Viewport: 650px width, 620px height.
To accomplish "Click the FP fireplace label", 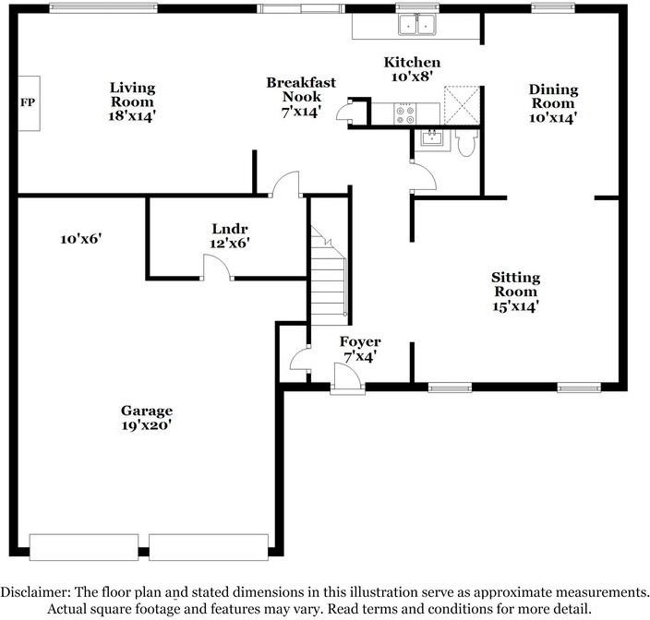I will [28, 101].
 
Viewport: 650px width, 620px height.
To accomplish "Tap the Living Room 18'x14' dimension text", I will [132, 117].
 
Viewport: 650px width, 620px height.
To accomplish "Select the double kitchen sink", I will [416, 25].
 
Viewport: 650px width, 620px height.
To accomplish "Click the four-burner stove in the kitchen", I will [404, 113].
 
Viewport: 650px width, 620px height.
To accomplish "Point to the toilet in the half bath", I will [466, 141].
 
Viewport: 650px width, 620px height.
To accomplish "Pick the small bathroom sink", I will [430, 139].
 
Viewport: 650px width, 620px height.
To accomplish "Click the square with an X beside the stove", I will [462, 105].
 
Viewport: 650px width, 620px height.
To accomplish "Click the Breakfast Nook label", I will [295, 89].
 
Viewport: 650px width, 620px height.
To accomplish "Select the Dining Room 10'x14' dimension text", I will [553, 118].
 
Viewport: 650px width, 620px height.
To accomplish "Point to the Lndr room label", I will [229, 229].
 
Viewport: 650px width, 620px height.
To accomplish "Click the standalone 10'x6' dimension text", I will [80, 238].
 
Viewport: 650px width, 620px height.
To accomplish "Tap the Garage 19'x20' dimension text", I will [146, 425].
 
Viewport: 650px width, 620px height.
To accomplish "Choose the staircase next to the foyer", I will [328, 277].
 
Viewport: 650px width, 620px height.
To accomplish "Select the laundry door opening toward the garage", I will [217, 267].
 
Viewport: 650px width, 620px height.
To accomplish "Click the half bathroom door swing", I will [423, 176].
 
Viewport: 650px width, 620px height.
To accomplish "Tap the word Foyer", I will [360, 341].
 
